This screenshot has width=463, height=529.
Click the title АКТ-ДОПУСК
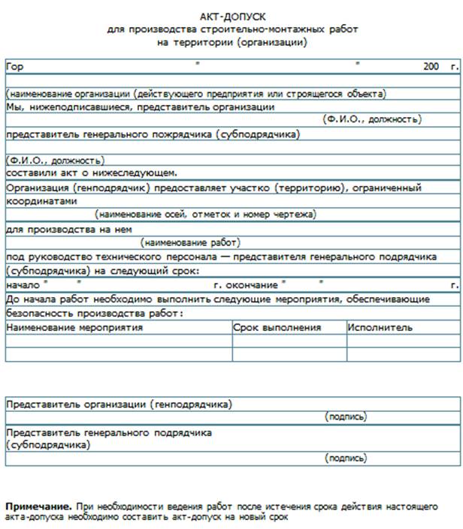click(x=232, y=16)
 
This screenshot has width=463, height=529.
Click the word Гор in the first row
click(x=14, y=67)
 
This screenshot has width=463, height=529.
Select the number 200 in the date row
click(x=431, y=67)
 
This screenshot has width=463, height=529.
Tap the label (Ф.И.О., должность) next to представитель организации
click(x=371, y=119)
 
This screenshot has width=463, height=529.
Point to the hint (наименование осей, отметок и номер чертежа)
click(x=207, y=215)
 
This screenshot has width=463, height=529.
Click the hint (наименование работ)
click(x=190, y=242)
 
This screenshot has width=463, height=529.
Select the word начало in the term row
click(x=21, y=286)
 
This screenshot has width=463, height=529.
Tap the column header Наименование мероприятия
click(x=74, y=328)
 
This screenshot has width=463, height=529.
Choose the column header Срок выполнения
click(x=277, y=328)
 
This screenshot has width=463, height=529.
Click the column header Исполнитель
click(x=380, y=328)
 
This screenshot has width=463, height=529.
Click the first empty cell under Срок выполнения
click(x=289, y=341)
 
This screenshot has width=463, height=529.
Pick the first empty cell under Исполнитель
click(x=402, y=341)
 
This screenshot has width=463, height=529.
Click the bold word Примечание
click(x=39, y=506)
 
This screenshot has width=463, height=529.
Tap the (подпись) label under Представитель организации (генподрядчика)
click(x=346, y=416)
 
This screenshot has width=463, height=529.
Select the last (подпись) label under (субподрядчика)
click(x=346, y=457)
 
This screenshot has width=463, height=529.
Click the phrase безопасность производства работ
click(x=93, y=313)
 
